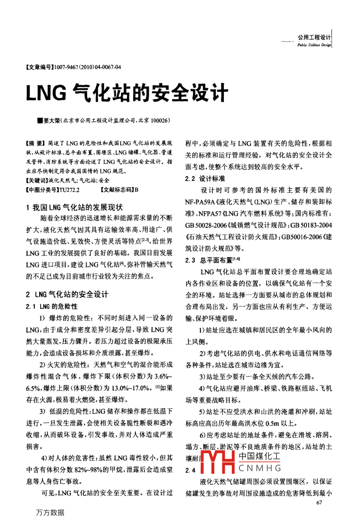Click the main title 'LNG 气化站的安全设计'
[127, 93]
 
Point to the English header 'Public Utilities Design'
[314, 45]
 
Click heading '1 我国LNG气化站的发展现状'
[74, 207]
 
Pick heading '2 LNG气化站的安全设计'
[67, 294]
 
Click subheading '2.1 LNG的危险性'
[51, 306]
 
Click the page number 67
[319, 502]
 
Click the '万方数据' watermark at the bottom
[50, 512]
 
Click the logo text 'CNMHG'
[260, 468]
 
